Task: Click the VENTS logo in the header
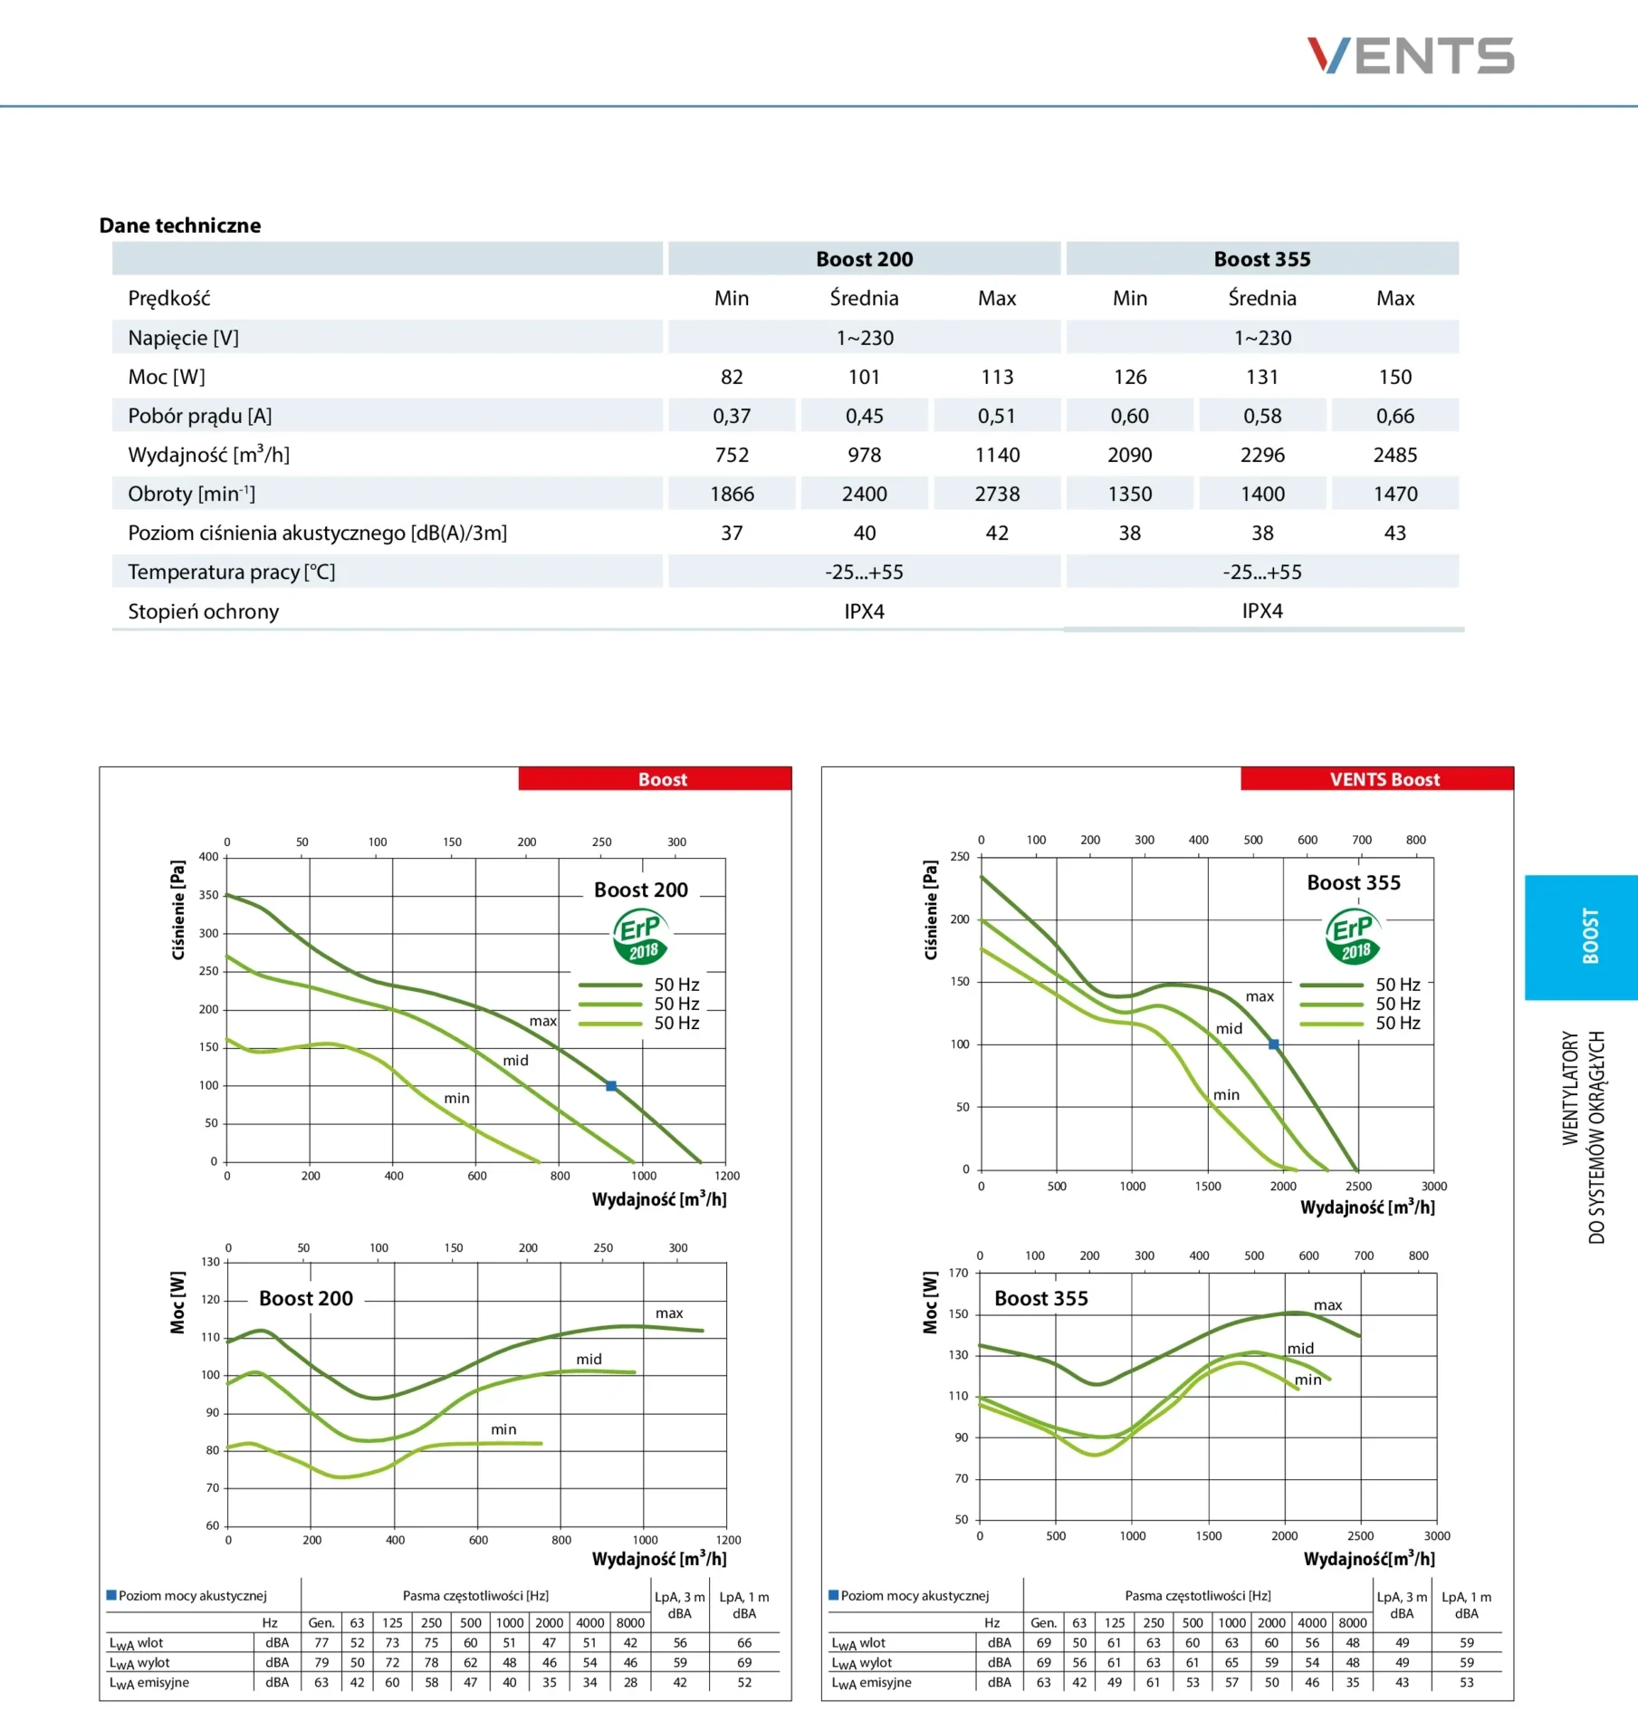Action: pos(1410,55)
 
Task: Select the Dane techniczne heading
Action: pos(180,226)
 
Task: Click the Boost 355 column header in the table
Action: pos(1261,259)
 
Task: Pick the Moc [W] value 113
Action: pos(996,377)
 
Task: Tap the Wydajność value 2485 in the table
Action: pos(1394,455)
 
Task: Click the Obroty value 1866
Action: pos(732,494)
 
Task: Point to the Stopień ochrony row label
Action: pos(203,611)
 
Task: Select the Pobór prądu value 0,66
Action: pos(1394,416)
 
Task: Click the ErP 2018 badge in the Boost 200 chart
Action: pos(641,937)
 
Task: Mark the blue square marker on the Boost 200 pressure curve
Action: pos(611,1085)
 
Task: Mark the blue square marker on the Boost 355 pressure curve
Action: pos(1274,1044)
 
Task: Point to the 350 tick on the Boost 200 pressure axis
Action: pos(209,895)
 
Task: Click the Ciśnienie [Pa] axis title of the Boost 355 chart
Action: pos(931,909)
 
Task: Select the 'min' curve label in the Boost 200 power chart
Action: pos(503,1429)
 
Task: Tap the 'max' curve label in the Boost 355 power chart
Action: pos(1327,1305)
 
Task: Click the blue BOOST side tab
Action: pos(1589,937)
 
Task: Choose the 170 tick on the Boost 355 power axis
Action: pos(958,1273)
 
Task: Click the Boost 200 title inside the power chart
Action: pos(306,1298)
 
